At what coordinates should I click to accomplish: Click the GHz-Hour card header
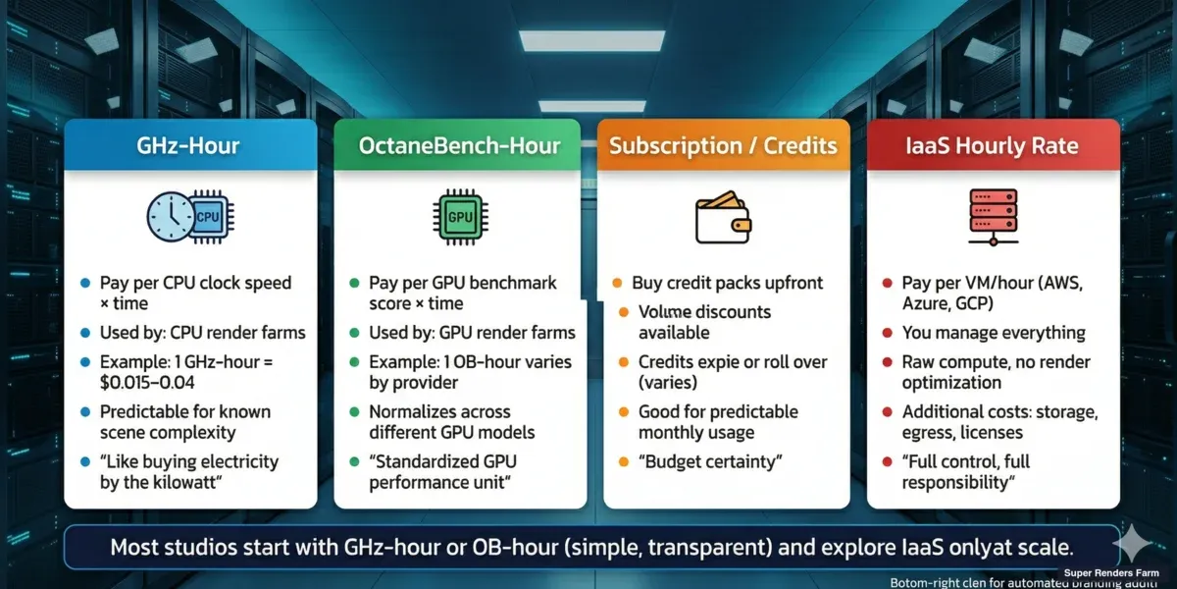click(x=190, y=146)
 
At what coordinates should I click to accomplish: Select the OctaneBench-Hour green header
click(x=459, y=146)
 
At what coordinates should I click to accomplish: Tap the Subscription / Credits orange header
click(x=724, y=146)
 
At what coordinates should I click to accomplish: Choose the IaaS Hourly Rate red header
click(x=993, y=146)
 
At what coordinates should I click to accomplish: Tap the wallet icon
click(x=723, y=219)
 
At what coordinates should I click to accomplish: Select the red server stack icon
click(x=992, y=217)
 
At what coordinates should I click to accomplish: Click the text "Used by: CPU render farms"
click(x=203, y=333)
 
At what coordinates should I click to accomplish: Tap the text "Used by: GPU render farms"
click(x=473, y=333)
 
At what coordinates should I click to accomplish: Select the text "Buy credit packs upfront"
click(x=727, y=283)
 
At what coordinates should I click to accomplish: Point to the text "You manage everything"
click(x=994, y=333)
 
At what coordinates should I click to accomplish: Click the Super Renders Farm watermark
click(x=1117, y=571)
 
